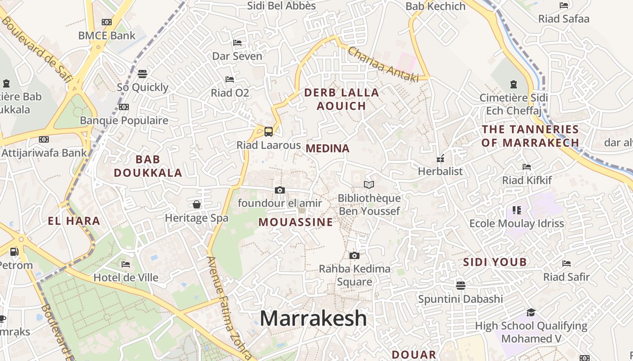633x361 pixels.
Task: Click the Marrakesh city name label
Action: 313,318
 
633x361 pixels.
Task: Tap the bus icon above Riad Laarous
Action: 268,132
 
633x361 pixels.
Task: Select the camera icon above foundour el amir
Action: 280,190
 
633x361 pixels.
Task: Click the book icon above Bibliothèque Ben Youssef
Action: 369,185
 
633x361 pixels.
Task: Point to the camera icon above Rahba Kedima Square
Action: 354,256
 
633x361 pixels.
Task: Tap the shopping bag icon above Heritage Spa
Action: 197,204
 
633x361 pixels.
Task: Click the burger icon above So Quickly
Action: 142,74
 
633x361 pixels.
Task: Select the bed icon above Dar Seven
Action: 237,43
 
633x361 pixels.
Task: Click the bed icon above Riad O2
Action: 230,79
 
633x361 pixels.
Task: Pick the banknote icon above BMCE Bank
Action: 107,22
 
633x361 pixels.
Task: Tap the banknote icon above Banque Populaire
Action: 124,107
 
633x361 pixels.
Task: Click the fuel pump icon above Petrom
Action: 14,252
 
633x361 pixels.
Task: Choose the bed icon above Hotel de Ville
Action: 126,264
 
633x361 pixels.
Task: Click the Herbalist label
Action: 440,171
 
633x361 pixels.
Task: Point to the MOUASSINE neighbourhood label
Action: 296,222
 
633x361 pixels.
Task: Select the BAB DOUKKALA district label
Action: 148,166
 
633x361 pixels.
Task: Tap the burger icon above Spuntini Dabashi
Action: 460,285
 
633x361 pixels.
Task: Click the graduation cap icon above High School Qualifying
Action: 531,312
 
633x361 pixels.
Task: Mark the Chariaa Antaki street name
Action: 383,65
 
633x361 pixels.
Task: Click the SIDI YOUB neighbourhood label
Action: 495,262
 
